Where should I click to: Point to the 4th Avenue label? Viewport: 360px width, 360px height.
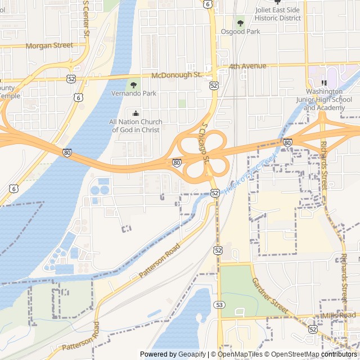[247, 66]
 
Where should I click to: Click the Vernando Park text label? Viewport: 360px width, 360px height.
[134, 93]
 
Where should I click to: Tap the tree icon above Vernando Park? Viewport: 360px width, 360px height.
[134, 85]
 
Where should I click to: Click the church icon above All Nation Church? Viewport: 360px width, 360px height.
[135, 114]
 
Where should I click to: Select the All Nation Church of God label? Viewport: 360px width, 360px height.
[135, 126]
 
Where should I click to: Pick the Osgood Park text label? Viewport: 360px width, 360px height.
[240, 31]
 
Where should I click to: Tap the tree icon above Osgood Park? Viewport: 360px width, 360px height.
[240, 23]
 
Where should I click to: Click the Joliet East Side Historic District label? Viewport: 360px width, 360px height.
[278, 14]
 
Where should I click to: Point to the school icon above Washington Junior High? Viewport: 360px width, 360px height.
[324, 83]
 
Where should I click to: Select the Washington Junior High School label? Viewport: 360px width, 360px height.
[323, 100]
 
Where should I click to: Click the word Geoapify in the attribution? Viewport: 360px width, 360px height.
[192, 354]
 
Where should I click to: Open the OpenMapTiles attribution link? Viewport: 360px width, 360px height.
[240, 354]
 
